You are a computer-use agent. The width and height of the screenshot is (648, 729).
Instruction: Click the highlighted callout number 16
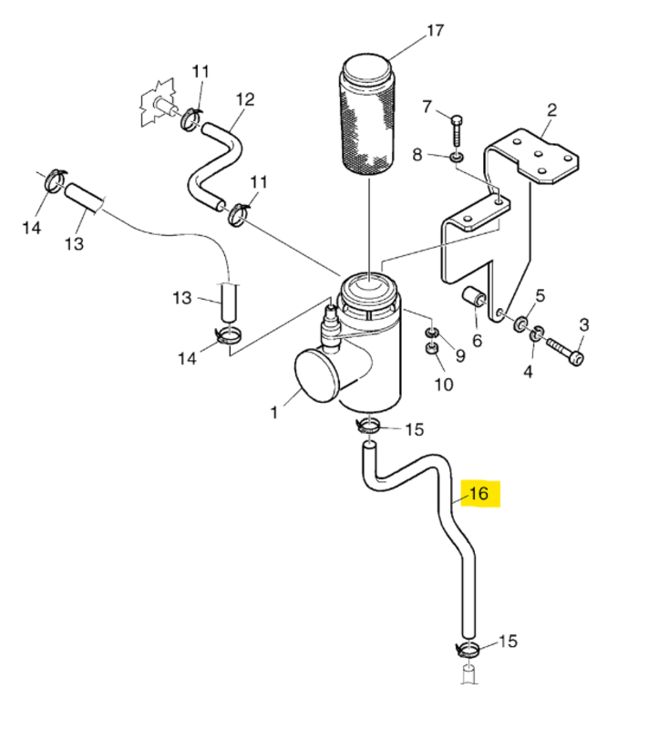coord(478,493)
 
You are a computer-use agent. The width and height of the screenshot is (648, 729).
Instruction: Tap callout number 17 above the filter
coord(435,31)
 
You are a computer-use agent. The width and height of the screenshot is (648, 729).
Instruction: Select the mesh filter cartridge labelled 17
coord(368,115)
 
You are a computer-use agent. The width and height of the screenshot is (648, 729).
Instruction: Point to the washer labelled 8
coord(456,158)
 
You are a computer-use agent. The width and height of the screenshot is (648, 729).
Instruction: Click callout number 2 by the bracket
coord(551,110)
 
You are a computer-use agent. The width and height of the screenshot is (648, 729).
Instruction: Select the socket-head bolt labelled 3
coord(566,352)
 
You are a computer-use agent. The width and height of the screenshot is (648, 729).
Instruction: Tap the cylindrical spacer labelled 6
coord(474,298)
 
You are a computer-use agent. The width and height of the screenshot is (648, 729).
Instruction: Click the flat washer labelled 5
coord(520,323)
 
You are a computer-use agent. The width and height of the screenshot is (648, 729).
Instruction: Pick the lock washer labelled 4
coord(537,333)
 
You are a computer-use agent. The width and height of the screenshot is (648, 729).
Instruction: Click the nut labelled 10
coord(432,349)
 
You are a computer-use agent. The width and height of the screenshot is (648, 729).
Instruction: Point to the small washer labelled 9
coord(432,332)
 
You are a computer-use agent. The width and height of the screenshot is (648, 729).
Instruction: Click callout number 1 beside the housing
coord(274,412)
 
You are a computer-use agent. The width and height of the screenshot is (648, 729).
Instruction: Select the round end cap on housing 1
coord(316,375)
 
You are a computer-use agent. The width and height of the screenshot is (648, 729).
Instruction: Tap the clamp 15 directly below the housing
coord(368,426)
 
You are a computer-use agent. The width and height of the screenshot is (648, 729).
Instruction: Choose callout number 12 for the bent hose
coord(245,99)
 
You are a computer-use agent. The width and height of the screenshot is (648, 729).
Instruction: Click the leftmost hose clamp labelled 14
coord(55,180)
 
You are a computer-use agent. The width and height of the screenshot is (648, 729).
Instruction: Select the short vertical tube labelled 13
coord(228,303)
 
